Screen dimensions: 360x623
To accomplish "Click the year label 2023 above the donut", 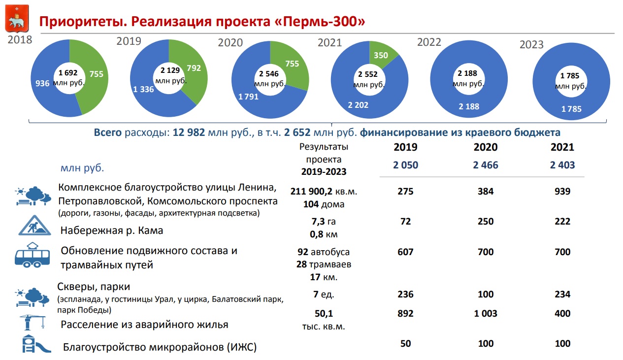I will point(531,45).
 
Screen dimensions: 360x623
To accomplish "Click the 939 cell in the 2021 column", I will point(562,192).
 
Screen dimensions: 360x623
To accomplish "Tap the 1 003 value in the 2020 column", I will point(485,314).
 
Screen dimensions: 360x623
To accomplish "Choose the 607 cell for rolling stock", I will point(405,252).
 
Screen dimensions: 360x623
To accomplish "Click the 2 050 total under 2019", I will point(405,165).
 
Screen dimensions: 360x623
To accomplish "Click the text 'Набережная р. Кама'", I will point(112,230).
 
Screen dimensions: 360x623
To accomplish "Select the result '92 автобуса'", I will point(323,252).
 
